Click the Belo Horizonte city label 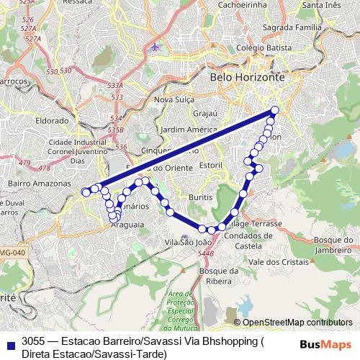[247, 76]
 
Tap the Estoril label [211, 165]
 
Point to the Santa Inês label [322, 5]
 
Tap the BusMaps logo [326, 343]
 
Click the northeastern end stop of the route [274, 110]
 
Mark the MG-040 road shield [11, 252]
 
